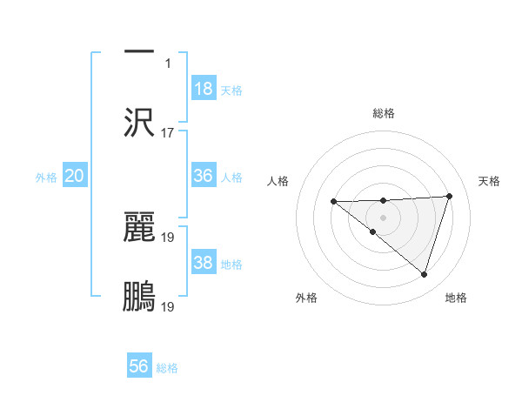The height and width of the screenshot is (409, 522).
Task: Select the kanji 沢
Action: coord(139,122)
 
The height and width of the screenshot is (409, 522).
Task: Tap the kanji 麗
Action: coord(139,227)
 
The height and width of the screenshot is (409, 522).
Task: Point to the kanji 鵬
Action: coord(139,297)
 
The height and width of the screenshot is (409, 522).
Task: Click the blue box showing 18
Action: coord(204,89)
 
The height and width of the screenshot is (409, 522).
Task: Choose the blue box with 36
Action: coord(204,176)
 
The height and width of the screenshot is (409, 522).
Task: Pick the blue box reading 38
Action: coord(204,263)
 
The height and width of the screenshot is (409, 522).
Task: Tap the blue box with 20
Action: coord(75,176)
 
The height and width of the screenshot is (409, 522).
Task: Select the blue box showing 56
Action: coord(139,366)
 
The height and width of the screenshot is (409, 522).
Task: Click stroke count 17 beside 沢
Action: coord(168,133)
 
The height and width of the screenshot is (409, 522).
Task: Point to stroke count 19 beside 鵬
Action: coord(168,306)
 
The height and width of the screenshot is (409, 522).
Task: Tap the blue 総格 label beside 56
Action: coord(167,368)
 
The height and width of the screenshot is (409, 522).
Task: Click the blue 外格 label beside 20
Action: coord(46,178)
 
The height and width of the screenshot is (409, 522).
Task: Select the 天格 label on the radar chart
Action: coord(490,181)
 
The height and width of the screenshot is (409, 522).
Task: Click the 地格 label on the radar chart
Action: coord(456,298)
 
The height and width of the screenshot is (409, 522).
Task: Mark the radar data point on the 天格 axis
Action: coord(449,196)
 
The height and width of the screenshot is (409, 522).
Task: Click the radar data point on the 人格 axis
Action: coord(333,202)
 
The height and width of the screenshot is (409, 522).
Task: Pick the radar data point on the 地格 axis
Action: coord(424,274)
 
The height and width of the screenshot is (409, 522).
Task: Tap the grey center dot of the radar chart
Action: coord(383,217)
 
